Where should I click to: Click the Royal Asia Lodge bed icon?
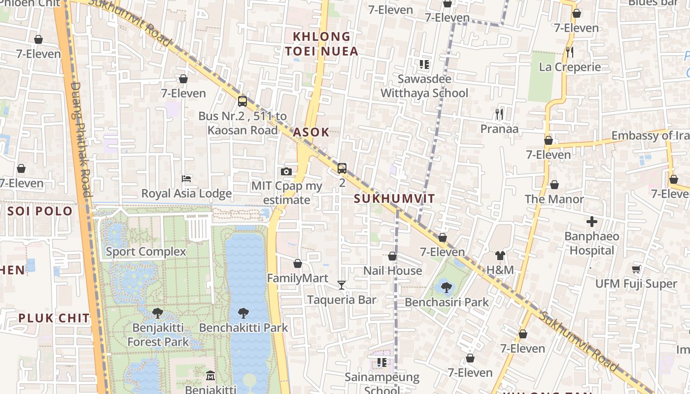point(186,178)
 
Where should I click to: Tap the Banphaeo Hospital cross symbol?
point(591,222)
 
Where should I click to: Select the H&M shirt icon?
point(500,255)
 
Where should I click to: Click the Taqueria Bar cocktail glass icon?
point(341,285)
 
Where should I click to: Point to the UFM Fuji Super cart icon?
point(636,269)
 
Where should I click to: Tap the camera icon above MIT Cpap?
point(286,171)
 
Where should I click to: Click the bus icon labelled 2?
point(342,168)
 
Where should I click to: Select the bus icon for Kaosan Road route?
point(242,101)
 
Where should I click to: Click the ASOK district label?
point(311,132)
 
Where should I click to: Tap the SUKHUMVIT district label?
point(394,199)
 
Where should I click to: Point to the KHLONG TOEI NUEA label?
point(321,44)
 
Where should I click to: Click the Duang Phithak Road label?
point(81,139)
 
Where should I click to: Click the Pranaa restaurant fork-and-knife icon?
point(499,114)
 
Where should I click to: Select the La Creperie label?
point(570,67)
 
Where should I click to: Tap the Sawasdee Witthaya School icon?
point(424,65)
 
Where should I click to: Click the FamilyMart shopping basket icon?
point(297,263)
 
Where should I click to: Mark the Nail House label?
point(392,270)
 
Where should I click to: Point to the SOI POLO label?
point(40,211)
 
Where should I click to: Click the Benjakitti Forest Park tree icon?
point(158,313)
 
